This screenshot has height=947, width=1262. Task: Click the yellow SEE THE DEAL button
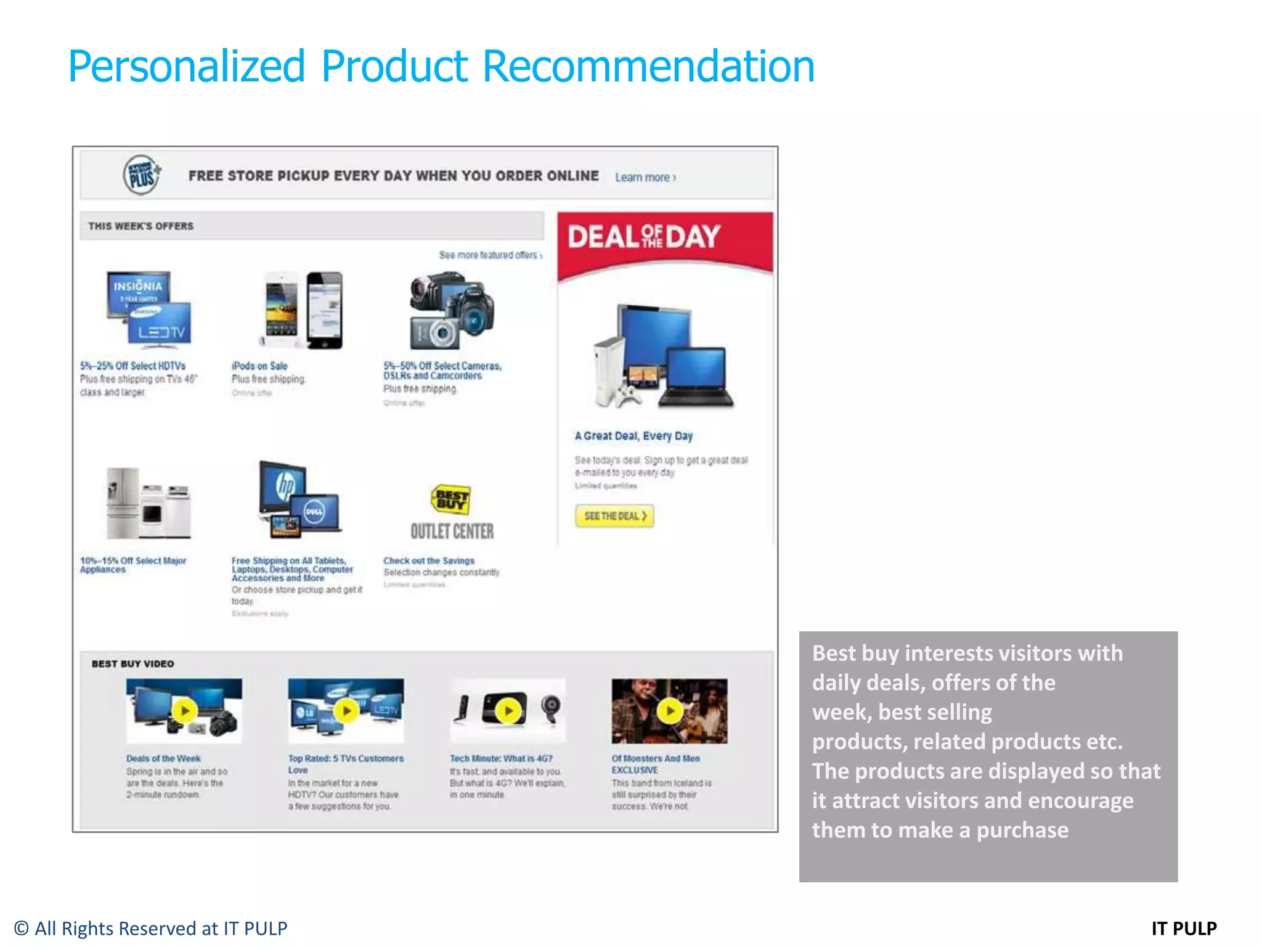tap(614, 516)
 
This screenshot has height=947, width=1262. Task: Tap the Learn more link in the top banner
tap(645, 178)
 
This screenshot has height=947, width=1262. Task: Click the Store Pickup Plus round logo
tap(142, 175)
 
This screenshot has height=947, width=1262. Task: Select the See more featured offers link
tap(490, 255)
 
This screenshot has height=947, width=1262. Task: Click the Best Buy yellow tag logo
tap(451, 499)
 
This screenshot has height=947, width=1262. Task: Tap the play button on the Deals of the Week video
tap(184, 711)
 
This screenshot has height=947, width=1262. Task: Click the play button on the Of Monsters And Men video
tap(670, 711)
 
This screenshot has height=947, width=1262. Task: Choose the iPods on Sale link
tap(259, 366)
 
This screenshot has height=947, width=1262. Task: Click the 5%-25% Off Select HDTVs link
tap(132, 366)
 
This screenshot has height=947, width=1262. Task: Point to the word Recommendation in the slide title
tap(648, 67)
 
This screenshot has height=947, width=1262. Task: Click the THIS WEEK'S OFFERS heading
tap(140, 226)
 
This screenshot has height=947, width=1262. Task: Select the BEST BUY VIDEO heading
tap(132, 664)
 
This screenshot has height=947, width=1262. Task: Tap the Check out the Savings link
tap(429, 561)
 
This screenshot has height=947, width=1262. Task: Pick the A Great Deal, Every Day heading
tap(633, 436)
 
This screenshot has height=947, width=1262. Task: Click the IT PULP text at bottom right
tap(1184, 929)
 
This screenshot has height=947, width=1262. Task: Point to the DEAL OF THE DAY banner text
tap(644, 237)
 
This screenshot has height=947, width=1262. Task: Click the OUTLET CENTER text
tap(452, 531)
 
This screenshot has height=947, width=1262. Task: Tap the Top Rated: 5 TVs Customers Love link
tap(345, 764)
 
